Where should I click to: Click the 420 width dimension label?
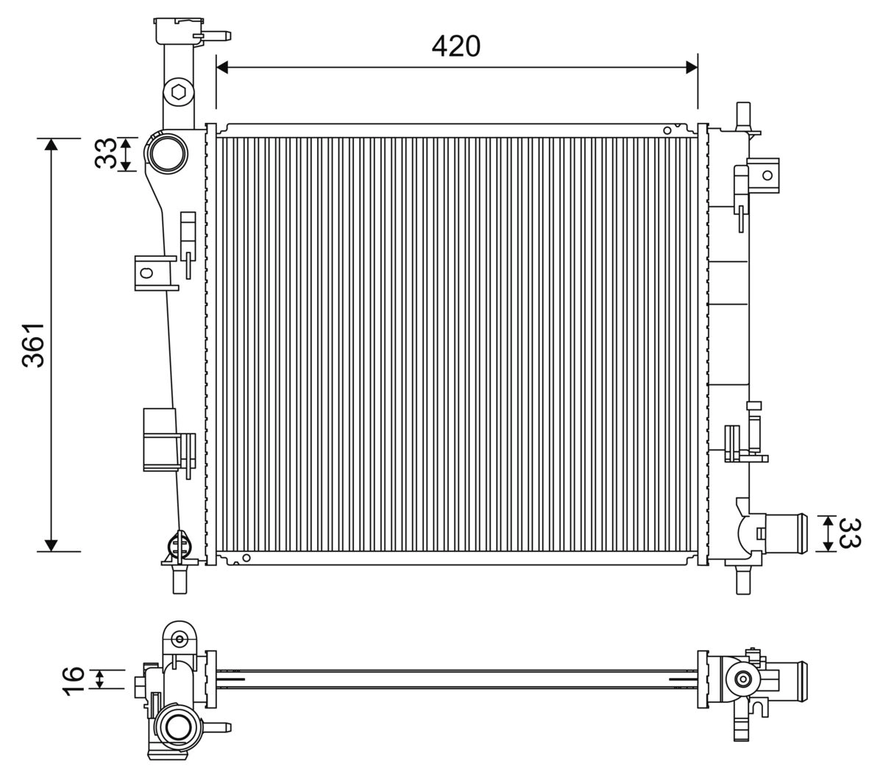click(x=455, y=46)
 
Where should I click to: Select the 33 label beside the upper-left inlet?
click(x=106, y=154)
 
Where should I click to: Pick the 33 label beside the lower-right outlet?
click(x=850, y=534)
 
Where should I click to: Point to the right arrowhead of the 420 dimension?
click(x=691, y=67)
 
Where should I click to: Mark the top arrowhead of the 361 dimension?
click(x=51, y=144)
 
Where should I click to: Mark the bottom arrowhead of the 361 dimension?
click(x=51, y=545)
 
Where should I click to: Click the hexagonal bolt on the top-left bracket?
click(x=177, y=92)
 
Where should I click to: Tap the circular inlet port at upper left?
click(x=169, y=153)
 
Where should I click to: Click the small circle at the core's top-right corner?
click(x=667, y=130)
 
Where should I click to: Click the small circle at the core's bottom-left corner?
click(x=247, y=557)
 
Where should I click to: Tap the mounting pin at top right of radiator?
click(x=742, y=113)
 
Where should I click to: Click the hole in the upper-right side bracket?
click(x=767, y=174)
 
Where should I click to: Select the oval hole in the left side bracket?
click(x=146, y=273)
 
